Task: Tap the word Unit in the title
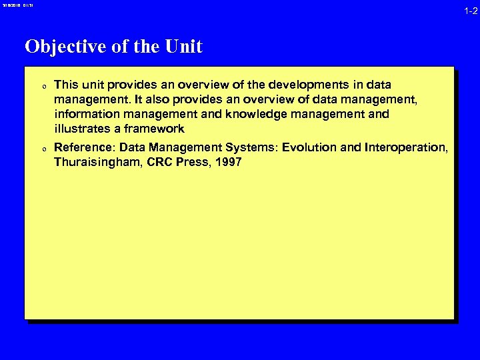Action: (183, 47)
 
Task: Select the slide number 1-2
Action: (471, 11)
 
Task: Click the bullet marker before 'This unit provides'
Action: (43, 86)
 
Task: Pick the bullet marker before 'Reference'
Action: (43, 148)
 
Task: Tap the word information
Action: (85, 114)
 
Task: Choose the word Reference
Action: (84, 147)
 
